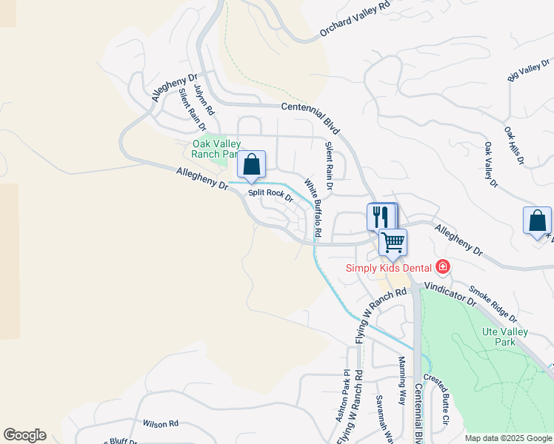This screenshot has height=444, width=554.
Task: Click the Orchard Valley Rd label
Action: (x=355, y=18)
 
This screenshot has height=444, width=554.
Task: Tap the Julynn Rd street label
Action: (x=204, y=99)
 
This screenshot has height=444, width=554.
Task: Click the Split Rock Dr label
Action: (x=271, y=195)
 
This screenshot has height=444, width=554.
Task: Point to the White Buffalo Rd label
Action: (x=313, y=208)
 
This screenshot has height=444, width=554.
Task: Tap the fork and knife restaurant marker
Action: (x=381, y=216)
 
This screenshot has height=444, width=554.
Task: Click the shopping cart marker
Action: (x=393, y=241)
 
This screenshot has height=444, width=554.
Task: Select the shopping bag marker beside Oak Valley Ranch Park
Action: (x=252, y=164)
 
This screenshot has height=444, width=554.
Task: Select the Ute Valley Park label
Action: (x=504, y=337)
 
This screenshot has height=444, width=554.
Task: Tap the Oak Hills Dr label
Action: (x=514, y=145)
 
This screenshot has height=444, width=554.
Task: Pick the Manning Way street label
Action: (x=402, y=380)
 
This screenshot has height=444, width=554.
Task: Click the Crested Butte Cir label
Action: (x=438, y=400)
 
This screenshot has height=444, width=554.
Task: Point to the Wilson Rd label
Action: (x=161, y=424)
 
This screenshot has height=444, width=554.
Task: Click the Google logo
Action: (x=24, y=435)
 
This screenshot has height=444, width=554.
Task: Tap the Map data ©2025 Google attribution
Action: (x=507, y=438)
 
